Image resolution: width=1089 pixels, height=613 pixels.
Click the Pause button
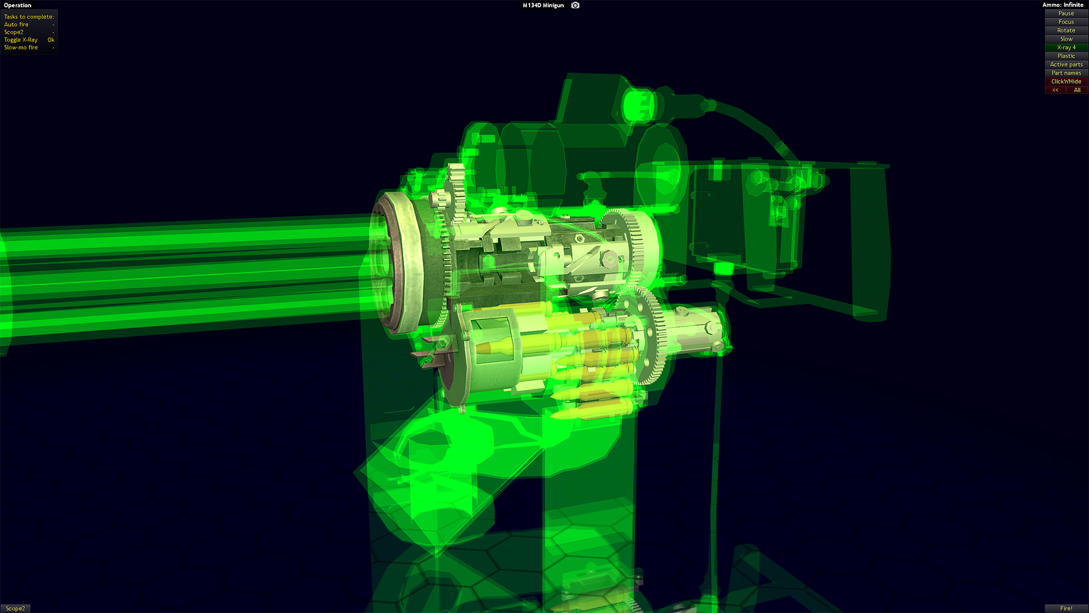coord(1066,13)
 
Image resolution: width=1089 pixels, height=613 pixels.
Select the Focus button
coord(1066,22)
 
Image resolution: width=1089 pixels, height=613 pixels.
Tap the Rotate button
coord(1066,30)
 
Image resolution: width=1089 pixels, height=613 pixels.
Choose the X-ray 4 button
coord(1066,47)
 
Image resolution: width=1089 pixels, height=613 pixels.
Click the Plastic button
coord(1066,56)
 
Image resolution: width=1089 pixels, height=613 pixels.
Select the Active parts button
coord(1066,64)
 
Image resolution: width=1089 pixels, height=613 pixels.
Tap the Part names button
coord(1066,73)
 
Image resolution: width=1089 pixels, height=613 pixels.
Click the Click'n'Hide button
coord(1066,81)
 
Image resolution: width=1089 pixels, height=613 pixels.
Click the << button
coord(1055,90)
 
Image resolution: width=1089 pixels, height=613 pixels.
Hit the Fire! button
coord(1066,608)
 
